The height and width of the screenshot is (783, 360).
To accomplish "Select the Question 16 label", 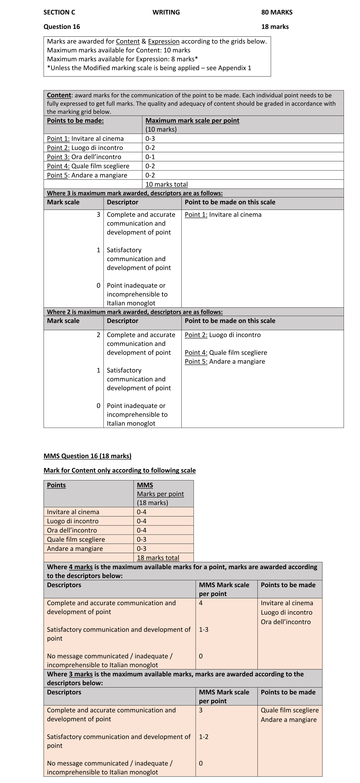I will tap(62, 27).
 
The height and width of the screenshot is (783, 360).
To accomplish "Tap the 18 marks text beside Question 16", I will tap(275, 27).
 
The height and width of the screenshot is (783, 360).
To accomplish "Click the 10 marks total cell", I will tap(166, 184).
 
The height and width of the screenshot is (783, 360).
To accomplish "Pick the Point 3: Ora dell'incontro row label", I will tap(84, 157).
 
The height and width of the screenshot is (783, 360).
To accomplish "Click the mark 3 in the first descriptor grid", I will tap(98, 215).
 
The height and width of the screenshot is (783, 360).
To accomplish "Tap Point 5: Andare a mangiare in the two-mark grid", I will tap(225, 361).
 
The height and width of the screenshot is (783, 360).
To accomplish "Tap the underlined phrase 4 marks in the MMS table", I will tap(81, 567).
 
